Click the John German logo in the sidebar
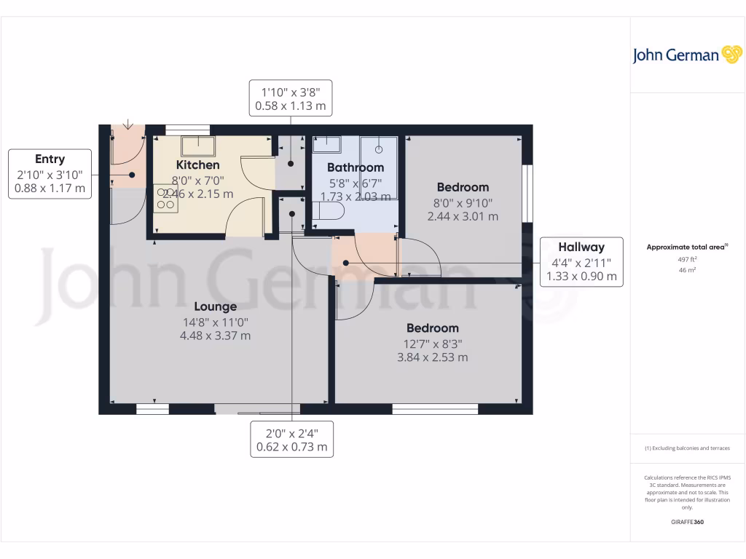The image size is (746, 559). coord(686,55)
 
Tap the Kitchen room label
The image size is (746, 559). coord(197,165)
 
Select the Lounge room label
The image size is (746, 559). coord(215,306)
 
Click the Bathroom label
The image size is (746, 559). coord(355,167)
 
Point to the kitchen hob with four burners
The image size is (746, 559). coord(165,198)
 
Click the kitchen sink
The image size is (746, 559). coord(196,146)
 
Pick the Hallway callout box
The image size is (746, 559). coord(581,261)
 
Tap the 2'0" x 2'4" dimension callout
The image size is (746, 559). coord(291,439)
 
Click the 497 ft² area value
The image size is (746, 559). coord(687,259)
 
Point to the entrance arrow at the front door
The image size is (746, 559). coord(128,125)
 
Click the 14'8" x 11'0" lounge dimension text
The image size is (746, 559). coord(215,322)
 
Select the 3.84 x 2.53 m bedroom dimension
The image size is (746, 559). coord(432,357)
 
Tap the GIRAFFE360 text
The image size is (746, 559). coord(687,522)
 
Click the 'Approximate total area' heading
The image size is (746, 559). coord(687,247)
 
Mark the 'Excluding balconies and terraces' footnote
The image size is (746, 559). coord(687,448)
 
